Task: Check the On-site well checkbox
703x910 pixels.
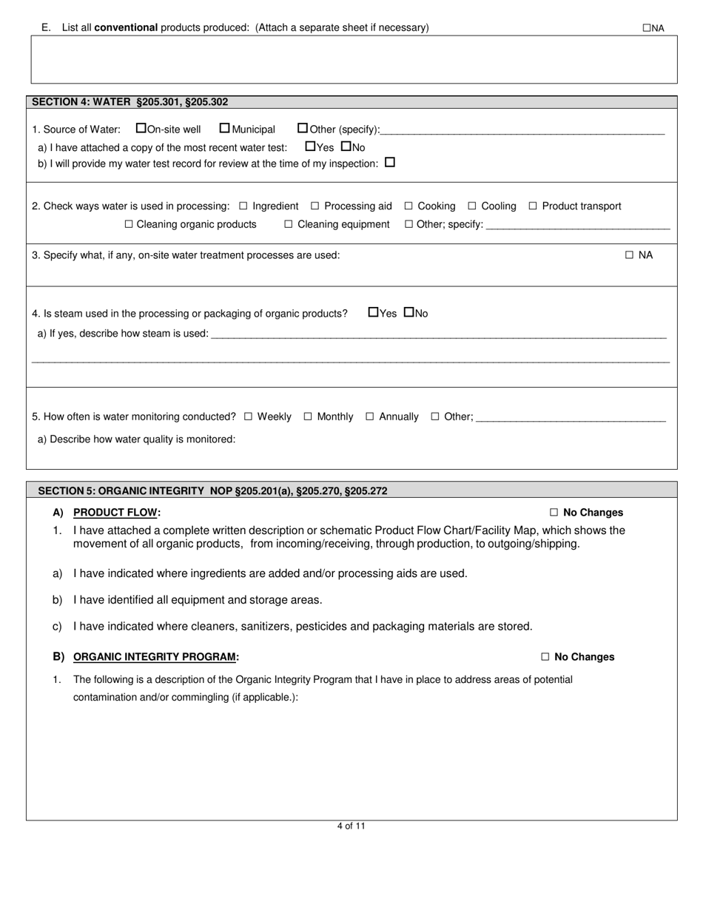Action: pyautogui.click(x=141, y=128)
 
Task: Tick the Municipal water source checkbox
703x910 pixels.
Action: pyautogui.click(x=225, y=128)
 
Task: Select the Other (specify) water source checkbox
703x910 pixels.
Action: pyautogui.click(x=303, y=128)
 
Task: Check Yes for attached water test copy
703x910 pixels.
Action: pyautogui.click(x=310, y=146)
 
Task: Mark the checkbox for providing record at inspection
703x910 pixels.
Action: pyautogui.click(x=390, y=162)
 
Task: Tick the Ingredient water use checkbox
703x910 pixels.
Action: pyautogui.click(x=243, y=206)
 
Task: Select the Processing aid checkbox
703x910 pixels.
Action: pyautogui.click(x=315, y=206)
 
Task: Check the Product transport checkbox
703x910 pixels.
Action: pyautogui.click(x=533, y=206)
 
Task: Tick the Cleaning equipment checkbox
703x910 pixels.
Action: pyautogui.click(x=289, y=224)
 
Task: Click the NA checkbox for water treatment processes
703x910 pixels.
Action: pyautogui.click(x=630, y=255)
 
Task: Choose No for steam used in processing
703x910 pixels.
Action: pyautogui.click(x=408, y=312)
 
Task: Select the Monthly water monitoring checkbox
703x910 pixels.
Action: pyautogui.click(x=308, y=417)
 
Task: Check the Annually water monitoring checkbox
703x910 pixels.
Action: pyautogui.click(x=370, y=417)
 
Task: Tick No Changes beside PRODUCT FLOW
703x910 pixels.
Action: pyautogui.click(x=554, y=513)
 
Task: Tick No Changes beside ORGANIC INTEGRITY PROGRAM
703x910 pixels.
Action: pyautogui.click(x=545, y=657)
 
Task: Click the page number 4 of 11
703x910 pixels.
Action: pyautogui.click(x=351, y=826)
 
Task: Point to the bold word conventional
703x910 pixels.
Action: pyautogui.click(x=126, y=27)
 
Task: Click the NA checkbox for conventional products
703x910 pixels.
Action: pyautogui.click(x=646, y=28)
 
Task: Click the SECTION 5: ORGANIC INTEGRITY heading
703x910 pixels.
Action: pyautogui.click(x=212, y=491)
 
